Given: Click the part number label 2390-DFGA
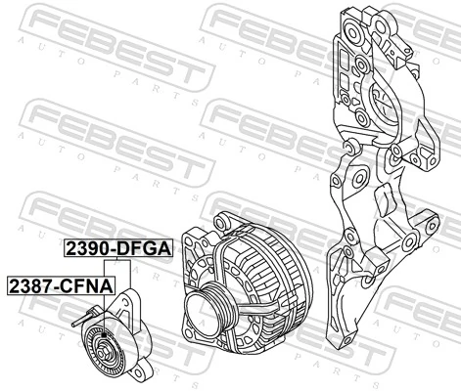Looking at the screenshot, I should (118, 249).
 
